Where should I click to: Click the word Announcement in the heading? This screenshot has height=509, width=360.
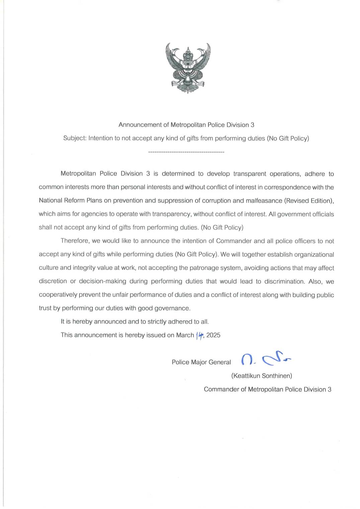pos(140,125)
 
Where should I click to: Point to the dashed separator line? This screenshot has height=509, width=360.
pos(186,152)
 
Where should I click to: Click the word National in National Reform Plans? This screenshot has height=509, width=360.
pos(50,200)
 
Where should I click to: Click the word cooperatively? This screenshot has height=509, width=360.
pos(58,295)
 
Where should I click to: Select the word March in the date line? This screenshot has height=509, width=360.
pos(185,335)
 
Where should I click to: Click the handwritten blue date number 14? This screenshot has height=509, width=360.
pos(200,335)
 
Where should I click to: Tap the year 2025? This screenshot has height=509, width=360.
pos(213,335)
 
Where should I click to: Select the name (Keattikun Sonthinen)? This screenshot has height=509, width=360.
pos(262,376)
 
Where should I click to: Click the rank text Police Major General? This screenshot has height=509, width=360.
pos(201,362)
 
